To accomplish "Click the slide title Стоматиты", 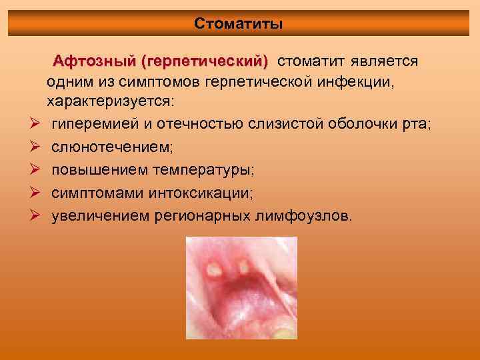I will (x=239, y=24).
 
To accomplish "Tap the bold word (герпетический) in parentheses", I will (x=203, y=62).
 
